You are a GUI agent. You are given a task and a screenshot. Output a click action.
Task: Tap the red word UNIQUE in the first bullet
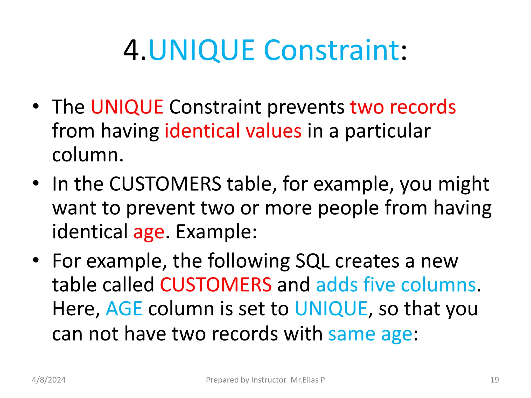click(127, 107)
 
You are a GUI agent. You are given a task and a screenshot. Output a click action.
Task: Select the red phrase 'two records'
click(403, 107)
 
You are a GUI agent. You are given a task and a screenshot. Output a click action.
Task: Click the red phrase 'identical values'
click(233, 131)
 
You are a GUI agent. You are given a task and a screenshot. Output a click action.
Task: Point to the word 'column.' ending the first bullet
click(88, 155)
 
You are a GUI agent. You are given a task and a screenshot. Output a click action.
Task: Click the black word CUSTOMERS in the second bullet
click(165, 184)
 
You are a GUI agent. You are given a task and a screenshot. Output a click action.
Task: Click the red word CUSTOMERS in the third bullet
click(216, 285)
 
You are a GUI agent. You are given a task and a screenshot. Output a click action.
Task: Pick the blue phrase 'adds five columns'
click(396, 285)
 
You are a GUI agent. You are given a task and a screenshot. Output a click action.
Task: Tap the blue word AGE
click(124, 309)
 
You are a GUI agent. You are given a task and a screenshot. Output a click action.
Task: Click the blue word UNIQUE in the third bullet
click(331, 309)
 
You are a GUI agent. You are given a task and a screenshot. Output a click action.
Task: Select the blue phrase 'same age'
click(370, 334)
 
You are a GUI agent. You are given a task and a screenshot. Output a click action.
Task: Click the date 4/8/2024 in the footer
click(49, 380)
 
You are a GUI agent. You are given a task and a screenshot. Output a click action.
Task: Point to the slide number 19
click(494, 380)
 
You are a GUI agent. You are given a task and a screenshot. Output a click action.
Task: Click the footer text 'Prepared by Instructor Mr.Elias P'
click(265, 380)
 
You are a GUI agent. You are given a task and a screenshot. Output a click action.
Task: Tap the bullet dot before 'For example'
click(36, 260)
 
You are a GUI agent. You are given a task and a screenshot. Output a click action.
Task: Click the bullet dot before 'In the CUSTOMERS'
click(36, 183)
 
